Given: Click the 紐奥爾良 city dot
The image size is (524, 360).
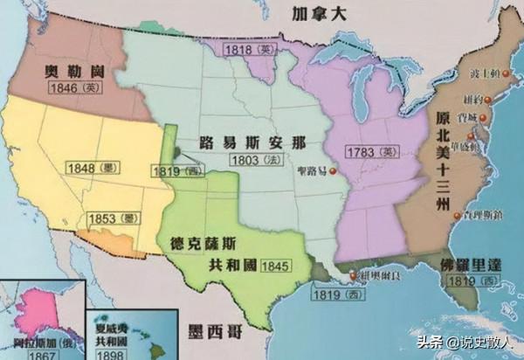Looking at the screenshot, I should (x=353, y=278).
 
